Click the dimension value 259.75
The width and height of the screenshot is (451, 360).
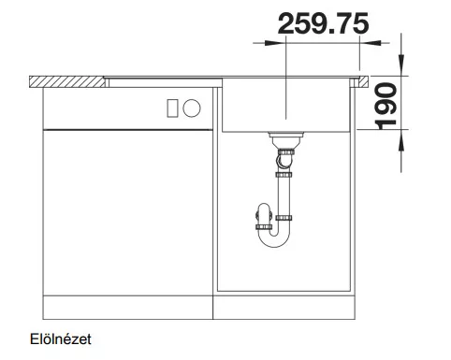(323, 23)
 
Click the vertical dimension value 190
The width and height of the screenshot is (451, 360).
(386, 106)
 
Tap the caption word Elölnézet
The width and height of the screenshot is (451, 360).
(61, 339)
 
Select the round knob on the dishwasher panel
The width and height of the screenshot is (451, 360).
(192, 108)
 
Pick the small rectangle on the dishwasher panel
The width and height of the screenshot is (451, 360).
(172, 108)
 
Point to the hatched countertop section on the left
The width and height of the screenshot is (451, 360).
(66, 81)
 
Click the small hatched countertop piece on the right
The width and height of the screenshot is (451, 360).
(363, 81)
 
